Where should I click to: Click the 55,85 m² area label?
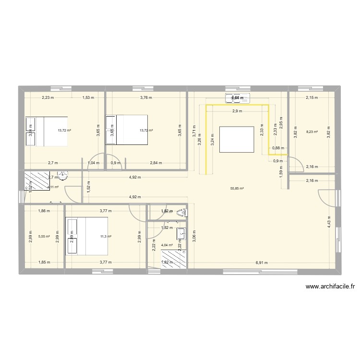[x=237, y=189]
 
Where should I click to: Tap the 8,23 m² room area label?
[x=312, y=131]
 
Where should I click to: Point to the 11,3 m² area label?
[x=106, y=236]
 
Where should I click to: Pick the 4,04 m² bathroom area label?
[x=167, y=245]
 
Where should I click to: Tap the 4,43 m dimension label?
[x=329, y=220]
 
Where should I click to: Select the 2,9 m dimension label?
[x=237, y=111]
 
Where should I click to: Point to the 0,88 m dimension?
[x=278, y=148]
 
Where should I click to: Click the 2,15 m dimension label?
[x=312, y=98]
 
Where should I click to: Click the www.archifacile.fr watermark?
[x=330, y=287]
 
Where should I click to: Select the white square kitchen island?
[x=237, y=139]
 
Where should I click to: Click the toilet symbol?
[x=182, y=212]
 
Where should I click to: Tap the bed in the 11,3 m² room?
[x=86, y=236]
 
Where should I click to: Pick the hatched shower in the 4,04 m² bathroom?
[x=173, y=260]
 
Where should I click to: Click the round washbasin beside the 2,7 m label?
[x=62, y=176]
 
